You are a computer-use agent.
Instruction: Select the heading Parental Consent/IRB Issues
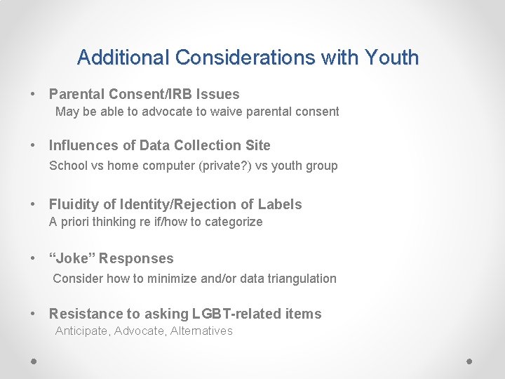click(x=144, y=94)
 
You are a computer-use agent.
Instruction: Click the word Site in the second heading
click(x=257, y=145)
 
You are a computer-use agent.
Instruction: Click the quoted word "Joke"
click(x=72, y=258)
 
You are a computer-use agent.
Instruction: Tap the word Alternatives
click(x=202, y=331)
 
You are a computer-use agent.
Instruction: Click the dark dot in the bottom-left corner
click(x=34, y=361)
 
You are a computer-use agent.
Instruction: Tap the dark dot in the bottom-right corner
click(x=470, y=361)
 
